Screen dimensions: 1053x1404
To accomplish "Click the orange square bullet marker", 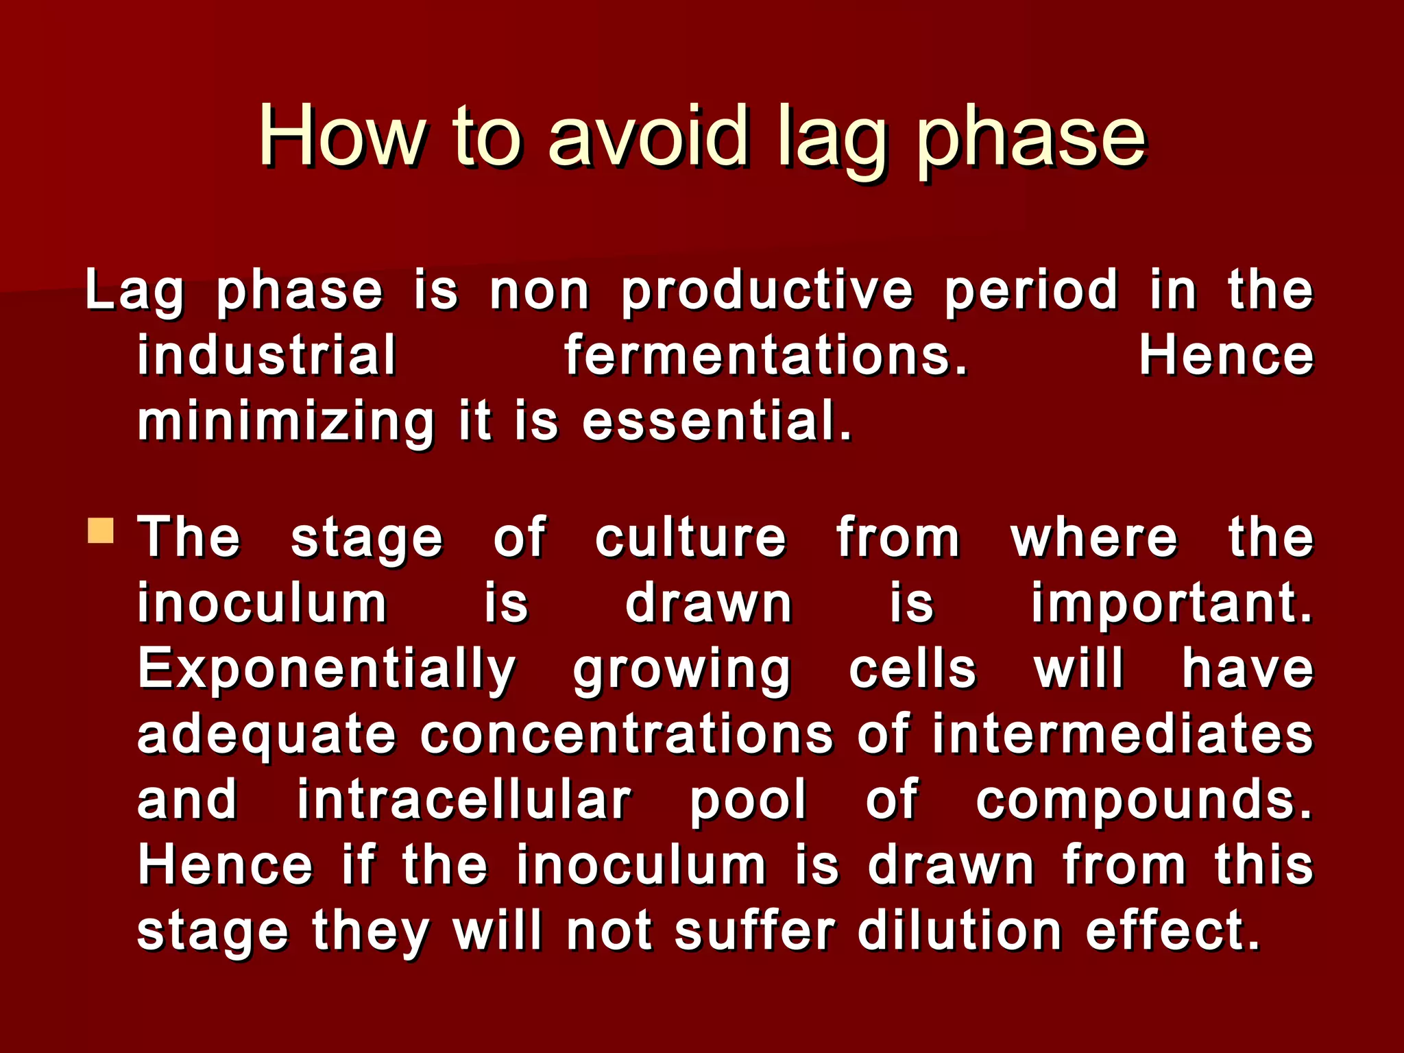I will [101, 531].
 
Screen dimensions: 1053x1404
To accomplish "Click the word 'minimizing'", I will [286, 422].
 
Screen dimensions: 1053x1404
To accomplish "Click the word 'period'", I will [1032, 290].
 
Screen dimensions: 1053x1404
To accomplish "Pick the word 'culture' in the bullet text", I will [690, 538].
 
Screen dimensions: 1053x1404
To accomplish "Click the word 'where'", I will [1094, 538].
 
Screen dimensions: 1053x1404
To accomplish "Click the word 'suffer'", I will [754, 931].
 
